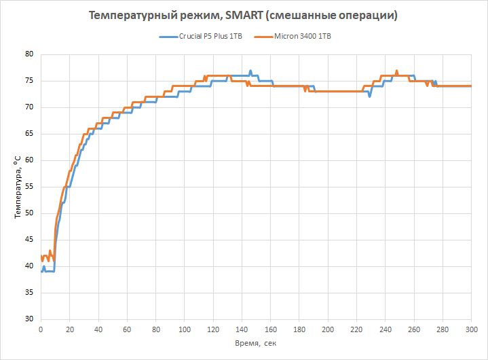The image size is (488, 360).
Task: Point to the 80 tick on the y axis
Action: tap(29, 54)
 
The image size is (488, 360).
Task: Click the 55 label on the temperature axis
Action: tap(29, 187)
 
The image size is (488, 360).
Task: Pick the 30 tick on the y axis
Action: tap(29, 319)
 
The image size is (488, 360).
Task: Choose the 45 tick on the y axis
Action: tap(29, 240)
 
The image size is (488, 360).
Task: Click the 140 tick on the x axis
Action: tap(242, 329)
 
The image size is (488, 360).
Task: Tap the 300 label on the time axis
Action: tap(472, 329)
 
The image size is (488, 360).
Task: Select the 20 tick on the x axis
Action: tap(70, 329)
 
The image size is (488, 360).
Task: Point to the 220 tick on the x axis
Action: tap(357, 329)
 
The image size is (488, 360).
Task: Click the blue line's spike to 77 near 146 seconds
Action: tap(250, 71)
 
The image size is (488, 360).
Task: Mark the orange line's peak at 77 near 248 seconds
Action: tap(396, 71)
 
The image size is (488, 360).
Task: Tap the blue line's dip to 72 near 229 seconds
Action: tap(369, 96)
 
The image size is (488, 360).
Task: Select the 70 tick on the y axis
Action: tap(29, 107)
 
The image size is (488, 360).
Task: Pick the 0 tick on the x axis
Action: tap(41, 329)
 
